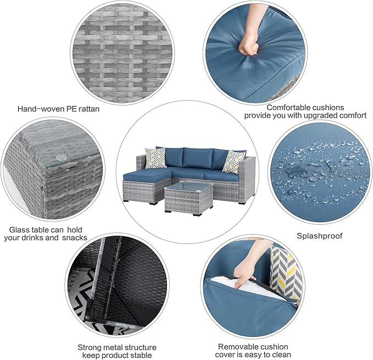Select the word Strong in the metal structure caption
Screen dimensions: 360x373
90,347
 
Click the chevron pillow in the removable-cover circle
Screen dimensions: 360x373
286,272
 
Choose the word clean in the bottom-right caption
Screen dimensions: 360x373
277,355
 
